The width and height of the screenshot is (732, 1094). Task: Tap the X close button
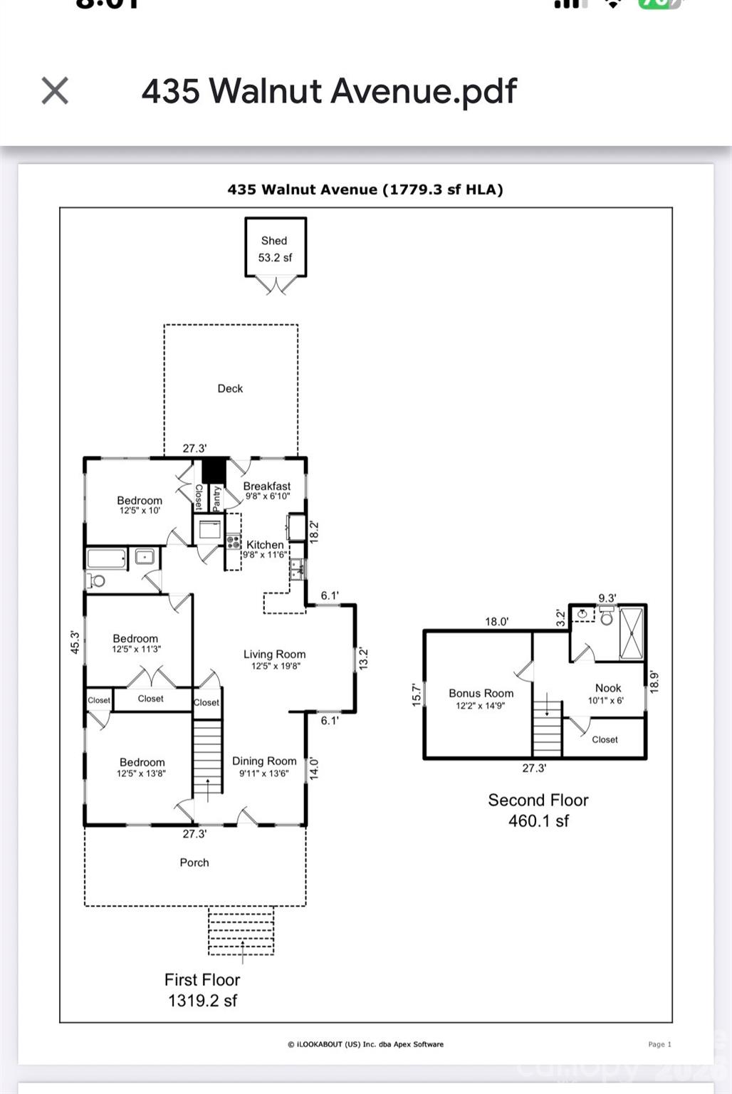click(x=55, y=91)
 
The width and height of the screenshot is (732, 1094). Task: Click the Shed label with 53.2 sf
click(x=275, y=249)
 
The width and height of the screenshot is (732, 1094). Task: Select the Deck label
click(x=230, y=388)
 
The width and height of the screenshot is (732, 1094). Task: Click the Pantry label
click(x=217, y=496)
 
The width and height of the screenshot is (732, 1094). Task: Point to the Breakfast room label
click(x=267, y=490)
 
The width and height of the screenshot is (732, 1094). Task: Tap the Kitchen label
click(x=265, y=548)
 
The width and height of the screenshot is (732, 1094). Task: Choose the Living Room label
click(x=275, y=659)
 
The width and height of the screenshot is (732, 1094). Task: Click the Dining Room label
click(x=264, y=766)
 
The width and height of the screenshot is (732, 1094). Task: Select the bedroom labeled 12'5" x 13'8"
click(x=142, y=766)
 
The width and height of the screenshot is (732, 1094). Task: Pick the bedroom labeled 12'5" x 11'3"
click(x=135, y=643)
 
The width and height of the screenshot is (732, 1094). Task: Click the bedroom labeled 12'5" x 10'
click(x=140, y=504)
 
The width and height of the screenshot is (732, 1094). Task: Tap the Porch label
click(x=194, y=863)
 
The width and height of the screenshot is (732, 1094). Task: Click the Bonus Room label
click(x=481, y=698)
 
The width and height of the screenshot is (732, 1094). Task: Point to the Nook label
click(x=608, y=693)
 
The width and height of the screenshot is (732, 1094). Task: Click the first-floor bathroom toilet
click(x=96, y=580)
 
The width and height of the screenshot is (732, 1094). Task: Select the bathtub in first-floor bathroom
click(x=106, y=558)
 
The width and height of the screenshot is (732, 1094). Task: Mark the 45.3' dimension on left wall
click(x=75, y=642)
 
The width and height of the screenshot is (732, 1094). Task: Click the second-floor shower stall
click(x=631, y=632)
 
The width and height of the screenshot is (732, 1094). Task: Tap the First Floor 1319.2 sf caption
click(x=202, y=990)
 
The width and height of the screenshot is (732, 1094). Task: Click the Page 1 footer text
click(x=659, y=1044)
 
